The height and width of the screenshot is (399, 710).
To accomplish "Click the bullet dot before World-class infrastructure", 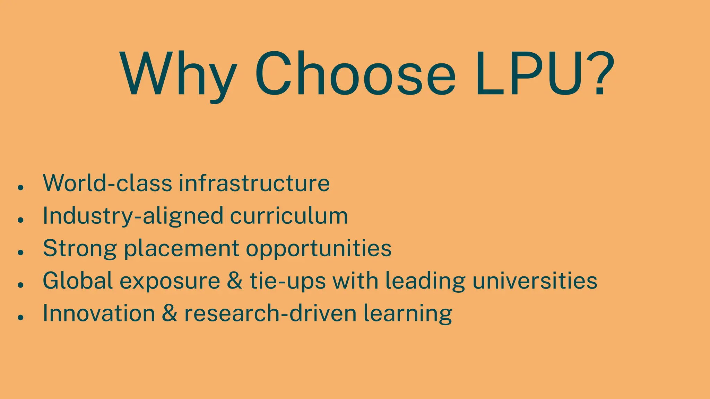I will coord(21,187).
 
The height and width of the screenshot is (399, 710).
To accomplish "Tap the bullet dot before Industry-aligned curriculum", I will coord(21,220).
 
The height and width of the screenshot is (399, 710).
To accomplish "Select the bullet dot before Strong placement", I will coord(21,252).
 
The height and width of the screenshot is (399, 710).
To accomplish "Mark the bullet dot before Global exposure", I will coord(21,285).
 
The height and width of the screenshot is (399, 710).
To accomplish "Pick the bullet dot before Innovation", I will coord(21,317).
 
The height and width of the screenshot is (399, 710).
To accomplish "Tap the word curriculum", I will coord(289,216).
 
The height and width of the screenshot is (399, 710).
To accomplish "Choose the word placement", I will coord(181,248).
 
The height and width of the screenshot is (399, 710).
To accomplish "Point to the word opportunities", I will coord(319,248).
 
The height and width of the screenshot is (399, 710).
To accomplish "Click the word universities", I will coord(535,281).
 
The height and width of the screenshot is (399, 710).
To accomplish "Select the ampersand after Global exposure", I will coord(235,281).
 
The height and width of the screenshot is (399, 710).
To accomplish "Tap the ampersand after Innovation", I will coord(170,313).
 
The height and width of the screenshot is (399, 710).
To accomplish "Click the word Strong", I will coord(80,248).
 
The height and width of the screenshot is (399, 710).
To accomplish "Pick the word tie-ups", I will coord(288,281).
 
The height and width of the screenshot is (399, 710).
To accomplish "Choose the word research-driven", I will coord(270,313).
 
